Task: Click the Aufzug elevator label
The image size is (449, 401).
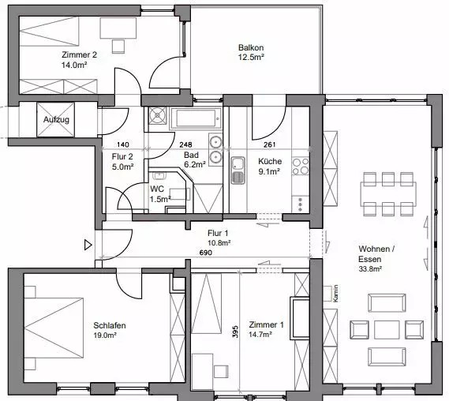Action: tap(56, 119)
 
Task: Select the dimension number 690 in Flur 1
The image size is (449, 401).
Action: tap(206, 253)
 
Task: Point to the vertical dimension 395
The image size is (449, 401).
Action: tap(235, 332)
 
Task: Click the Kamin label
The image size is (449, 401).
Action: tap(335, 294)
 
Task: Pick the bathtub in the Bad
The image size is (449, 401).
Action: tap(196, 118)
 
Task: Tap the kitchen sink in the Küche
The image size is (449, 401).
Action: tap(238, 171)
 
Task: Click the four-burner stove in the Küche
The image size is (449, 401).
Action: tap(301, 167)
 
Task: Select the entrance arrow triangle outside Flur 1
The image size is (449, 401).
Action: tap(88, 245)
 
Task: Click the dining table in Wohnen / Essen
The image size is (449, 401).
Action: tap(388, 194)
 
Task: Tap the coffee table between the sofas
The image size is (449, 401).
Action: tap(387, 330)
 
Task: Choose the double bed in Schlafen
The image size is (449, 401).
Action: tap(54, 328)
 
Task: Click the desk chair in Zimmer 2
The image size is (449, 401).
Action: tap(118, 46)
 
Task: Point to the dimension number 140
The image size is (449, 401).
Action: tap(123, 144)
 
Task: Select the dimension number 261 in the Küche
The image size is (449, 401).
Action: tap(269, 144)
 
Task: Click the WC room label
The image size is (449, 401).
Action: tap(157, 189)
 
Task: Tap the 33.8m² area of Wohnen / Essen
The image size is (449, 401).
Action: tap(370, 268)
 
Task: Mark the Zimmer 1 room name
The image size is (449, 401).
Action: tap(266, 324)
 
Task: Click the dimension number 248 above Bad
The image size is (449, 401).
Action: tap(186, 144)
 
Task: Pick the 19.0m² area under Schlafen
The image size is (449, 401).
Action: tap(105, 335)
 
